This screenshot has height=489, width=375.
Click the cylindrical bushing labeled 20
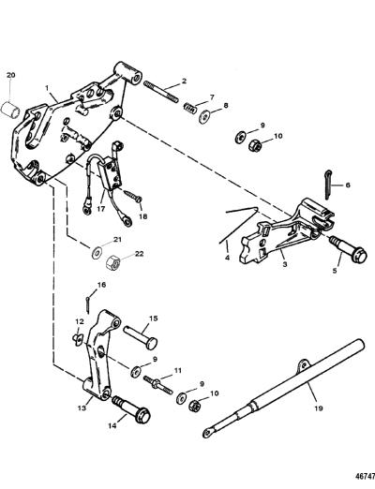(x=9, y=109)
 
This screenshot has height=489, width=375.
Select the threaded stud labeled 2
(x=161, y=91)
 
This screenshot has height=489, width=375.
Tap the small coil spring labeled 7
(x=190, y=108)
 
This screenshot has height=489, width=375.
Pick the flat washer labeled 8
(x=204, y=116)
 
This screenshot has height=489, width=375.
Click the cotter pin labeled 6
(x=327, y=185)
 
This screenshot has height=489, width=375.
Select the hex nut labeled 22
(x=113, y=264)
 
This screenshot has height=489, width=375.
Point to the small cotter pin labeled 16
(x=88, y=304)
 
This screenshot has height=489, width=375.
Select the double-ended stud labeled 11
(x=158, y=384)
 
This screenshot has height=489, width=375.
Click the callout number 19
(x=319, y=407)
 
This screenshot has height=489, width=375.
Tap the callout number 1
(x=47, y=88)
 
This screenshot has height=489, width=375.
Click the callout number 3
(x=284, y=264)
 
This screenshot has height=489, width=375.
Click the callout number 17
(x=101, y=209)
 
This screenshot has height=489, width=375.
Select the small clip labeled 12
(x=78, y=337)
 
